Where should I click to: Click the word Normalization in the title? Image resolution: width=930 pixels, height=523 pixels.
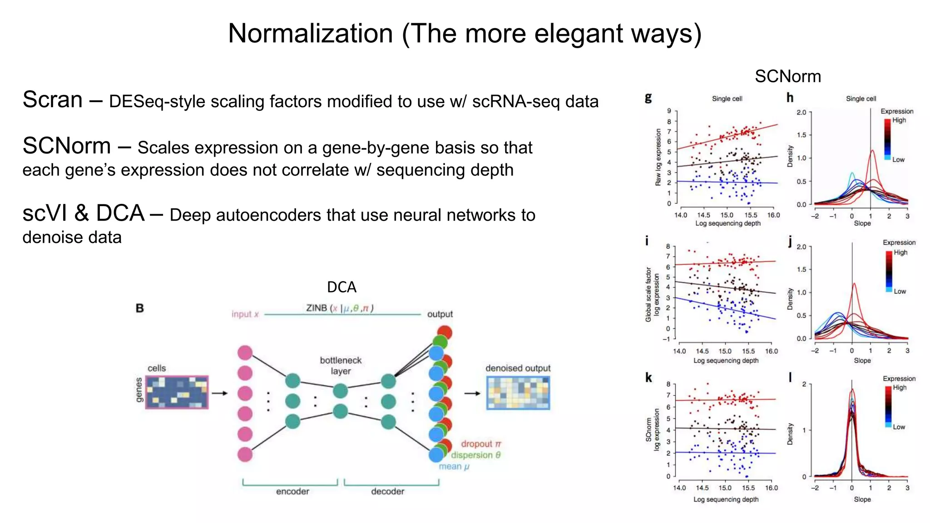(310, 34)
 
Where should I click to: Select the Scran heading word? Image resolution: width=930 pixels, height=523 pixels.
(53, 100)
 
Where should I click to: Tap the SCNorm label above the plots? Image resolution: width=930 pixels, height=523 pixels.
(787, 76)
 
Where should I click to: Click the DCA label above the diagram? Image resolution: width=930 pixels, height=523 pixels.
(341, 287)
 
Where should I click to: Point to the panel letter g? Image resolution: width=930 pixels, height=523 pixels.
(648, 98)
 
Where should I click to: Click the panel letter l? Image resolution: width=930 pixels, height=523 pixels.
(790, 377)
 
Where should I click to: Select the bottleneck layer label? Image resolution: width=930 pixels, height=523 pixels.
(341, 365)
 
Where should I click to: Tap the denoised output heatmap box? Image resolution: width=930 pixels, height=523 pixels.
(518, 393)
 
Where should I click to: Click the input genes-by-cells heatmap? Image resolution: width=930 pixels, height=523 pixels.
(177, 392)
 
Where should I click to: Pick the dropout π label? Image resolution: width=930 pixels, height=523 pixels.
(481, 444)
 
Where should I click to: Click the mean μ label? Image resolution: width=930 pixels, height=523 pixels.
(454, 466)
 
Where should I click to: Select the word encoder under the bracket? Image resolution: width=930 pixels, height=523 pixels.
(292, 491)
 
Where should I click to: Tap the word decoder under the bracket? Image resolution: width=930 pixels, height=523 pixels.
(387, 491)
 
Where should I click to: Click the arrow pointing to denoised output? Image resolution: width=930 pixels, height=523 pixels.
(472, 393)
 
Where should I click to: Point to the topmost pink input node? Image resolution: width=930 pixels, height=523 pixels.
(245, 353)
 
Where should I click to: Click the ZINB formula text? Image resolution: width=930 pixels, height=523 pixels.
(339, 308)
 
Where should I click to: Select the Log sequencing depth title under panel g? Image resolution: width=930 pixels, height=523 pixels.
(727, 223)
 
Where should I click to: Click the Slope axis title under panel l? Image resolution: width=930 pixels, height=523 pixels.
(862, 499)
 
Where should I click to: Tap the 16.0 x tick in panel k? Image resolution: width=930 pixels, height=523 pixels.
(771, 488)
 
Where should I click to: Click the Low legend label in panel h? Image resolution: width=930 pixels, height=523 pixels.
(898, 160)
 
